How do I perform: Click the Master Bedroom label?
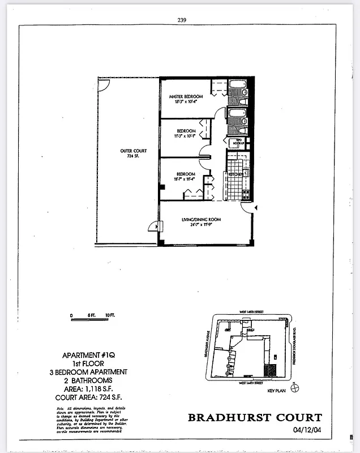[186, 97]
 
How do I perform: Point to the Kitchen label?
[236, 174]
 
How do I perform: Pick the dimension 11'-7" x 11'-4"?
[185, 179]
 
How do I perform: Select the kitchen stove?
[246, 194]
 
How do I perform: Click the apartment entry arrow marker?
[256, 208]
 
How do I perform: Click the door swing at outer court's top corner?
[102, 84]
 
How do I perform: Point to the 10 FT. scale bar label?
[109, 315]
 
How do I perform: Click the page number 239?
[182, 19]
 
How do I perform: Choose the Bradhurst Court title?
[255, 418]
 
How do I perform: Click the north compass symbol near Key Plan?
[294, 388]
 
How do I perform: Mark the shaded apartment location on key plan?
[271, 371]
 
